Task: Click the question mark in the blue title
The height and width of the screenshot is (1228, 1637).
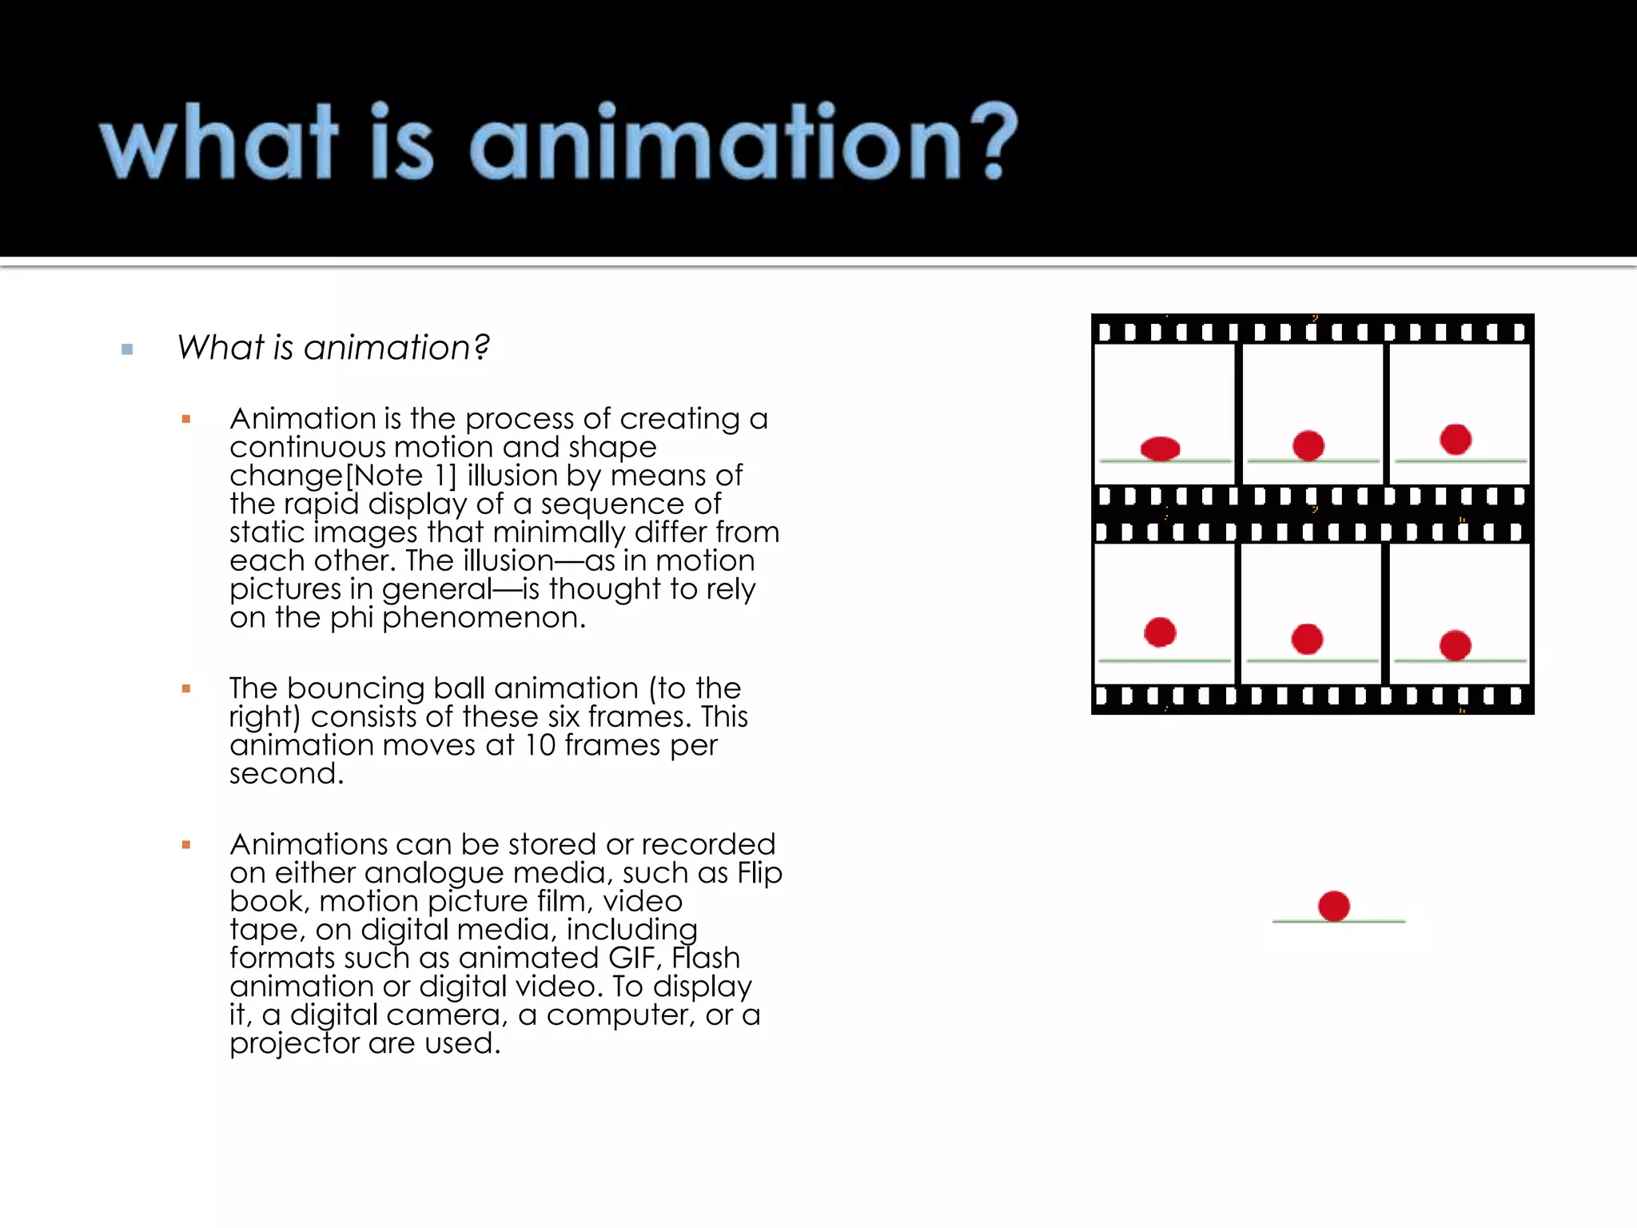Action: (996, 141)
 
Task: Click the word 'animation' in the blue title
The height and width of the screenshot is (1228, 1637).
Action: (715, 142)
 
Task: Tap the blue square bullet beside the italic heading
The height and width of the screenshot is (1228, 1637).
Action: (127, 349)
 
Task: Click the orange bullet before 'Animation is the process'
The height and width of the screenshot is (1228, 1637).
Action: (186, 419)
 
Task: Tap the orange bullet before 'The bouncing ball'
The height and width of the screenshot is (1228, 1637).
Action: (186, 688)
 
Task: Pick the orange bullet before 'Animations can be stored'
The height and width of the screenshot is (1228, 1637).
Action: (186, 844)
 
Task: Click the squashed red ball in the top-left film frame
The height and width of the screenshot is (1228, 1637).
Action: (1161, 449)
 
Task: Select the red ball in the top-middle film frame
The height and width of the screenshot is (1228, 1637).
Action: (1308, 445)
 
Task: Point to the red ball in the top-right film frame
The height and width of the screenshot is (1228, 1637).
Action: (1456, 439)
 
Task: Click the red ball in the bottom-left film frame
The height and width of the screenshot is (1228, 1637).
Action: (1160, 632)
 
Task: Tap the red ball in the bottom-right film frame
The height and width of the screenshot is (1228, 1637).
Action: (1456, 645)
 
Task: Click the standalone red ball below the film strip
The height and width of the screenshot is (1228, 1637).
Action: (1334, 906)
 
